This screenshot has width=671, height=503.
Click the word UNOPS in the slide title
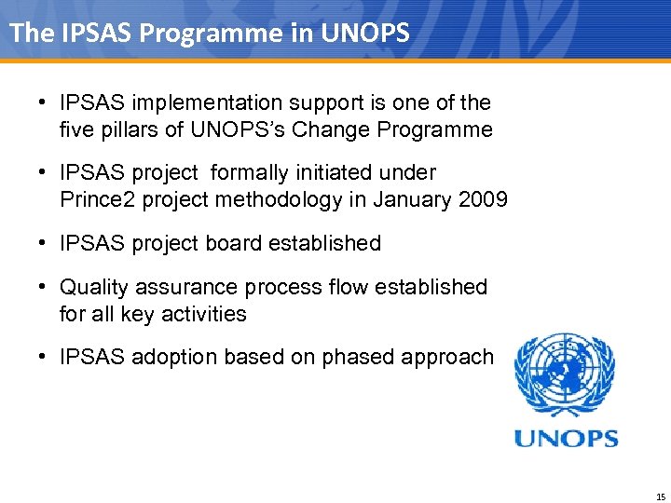point(365,33)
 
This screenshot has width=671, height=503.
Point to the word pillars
point(127,129)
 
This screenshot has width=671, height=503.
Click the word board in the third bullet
point(238,243)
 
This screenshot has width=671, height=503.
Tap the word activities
point(204,314)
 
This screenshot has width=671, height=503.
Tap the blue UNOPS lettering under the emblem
point(567,437)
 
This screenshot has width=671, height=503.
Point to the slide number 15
point(660,496)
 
